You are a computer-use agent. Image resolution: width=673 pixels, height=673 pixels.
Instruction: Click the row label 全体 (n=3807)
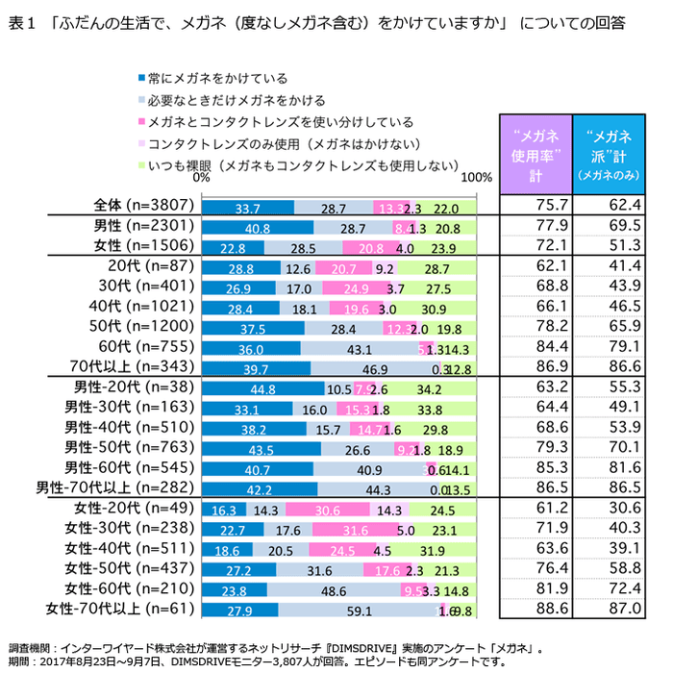pyautogui.click(x=145, y=206)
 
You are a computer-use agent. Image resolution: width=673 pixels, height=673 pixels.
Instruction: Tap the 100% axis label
pyautogui.click(x=477, y=178)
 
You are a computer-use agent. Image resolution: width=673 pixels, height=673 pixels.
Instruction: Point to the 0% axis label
pyautogui.click(x=201, y=178)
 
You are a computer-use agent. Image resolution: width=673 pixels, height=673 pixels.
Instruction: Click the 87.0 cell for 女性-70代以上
pyautogui.click(x=608, y=609)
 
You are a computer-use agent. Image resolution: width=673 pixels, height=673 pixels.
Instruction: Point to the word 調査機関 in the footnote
pyautogui.click(x=29, y=648)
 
